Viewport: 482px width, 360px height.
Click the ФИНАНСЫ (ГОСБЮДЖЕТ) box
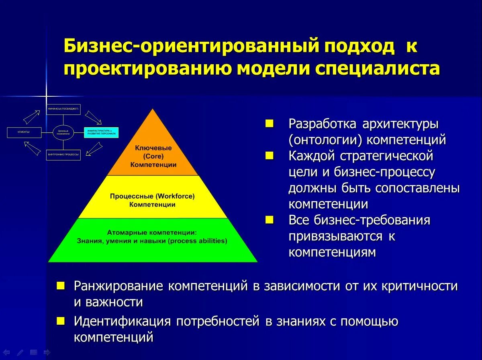pyautogui.click(x=63, y=109)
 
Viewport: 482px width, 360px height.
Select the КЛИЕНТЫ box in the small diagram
pyautogui.click(x=24, y=132)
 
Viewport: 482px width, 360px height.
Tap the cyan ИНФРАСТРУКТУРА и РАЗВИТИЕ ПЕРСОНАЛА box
pyautogui.click(x=101, y=132)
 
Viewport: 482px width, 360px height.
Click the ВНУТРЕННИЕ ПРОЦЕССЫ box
pyautogui.click(x=63, y=155)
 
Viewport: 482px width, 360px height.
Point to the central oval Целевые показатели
pyautogui.click(x=63, y=132)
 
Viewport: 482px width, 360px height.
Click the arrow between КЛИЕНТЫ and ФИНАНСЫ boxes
pyautogui.click(x=31, y=117)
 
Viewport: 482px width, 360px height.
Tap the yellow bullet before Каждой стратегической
pyautogui.click(x=269, y=155)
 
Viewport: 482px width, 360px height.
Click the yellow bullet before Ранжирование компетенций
pyautogui.click(x=60, y=286)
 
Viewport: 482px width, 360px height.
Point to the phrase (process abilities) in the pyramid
pyautogui.click(x=198, y=241)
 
